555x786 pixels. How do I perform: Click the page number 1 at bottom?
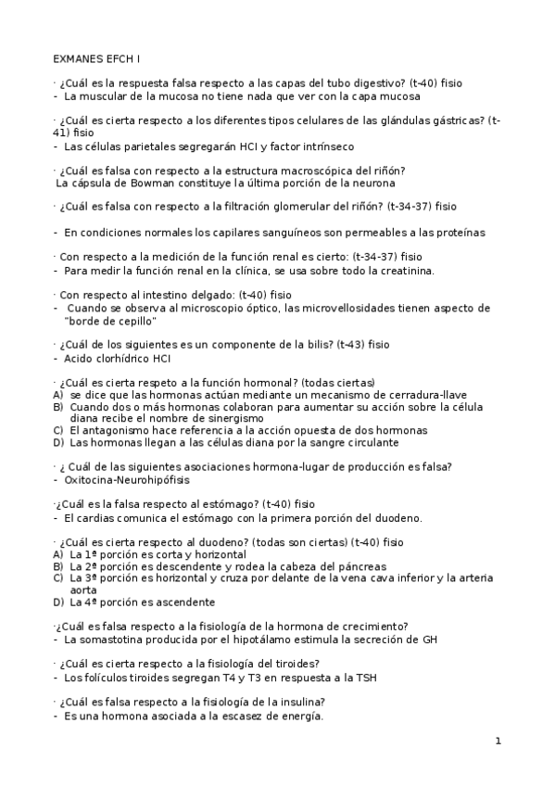coord(498,741)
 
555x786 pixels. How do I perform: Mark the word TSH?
coord(366,677)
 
